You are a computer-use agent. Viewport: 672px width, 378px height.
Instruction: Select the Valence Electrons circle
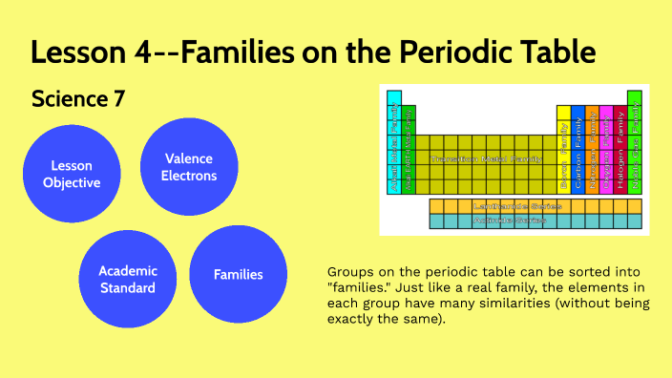click(x=189, y=167)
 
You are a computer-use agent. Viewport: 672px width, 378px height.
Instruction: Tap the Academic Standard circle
click(x=127, y=279)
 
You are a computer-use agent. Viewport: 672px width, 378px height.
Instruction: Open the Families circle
click(x=239, y=275)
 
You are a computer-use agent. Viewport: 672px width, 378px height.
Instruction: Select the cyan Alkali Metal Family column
click(x=394, y=148)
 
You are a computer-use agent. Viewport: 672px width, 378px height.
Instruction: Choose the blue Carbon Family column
click(x=577, y=148)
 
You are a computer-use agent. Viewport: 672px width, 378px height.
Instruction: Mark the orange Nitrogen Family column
click(x=592, y=148)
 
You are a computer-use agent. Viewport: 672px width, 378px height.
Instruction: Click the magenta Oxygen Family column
click(x=606, y=148)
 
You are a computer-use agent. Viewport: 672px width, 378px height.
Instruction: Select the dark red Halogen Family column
click(x=620, y=148)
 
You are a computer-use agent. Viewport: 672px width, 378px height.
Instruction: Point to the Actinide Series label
click(x=509, y=220)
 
